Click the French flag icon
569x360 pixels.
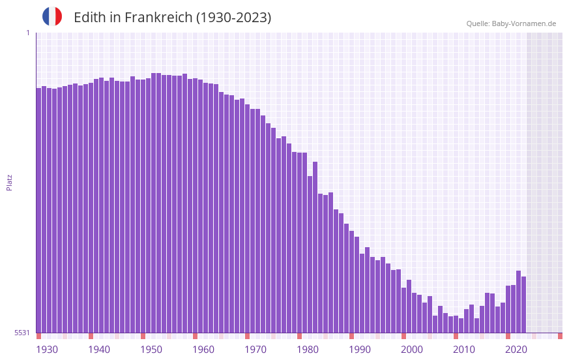coord(52,16)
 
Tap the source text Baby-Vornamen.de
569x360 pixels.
coord(524,23)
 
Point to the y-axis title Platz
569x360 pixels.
coord(9,182)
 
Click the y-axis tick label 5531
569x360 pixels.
coord(22,333)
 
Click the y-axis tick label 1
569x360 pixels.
coord(27,33)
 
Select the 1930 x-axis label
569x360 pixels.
coord(47,350)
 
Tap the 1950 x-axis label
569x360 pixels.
coord(151,350)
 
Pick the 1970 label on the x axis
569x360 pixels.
coord(255,350)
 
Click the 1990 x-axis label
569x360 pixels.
coord(360,350)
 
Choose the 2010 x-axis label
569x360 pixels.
coord(464,350)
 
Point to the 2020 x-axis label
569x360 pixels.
coord(516,350)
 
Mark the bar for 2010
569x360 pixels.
coord(456,325)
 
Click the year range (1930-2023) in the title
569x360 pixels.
coord(233,18)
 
